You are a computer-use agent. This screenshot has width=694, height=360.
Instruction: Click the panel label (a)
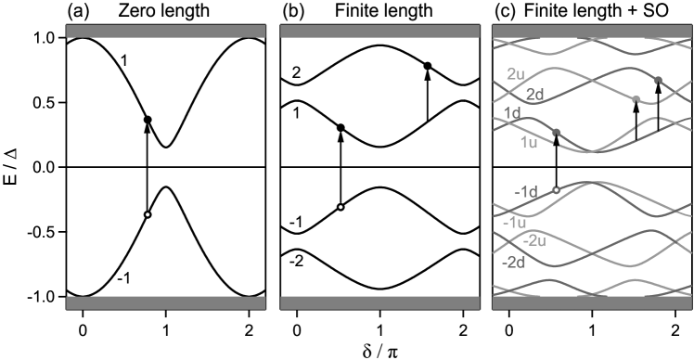click(x=77, y=12)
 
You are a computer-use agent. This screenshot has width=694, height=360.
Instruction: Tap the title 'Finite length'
click(x=383, y=12)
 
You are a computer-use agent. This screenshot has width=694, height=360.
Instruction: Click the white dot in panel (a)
click(x=148, y=215)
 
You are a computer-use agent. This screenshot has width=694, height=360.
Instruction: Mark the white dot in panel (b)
click(x=341, y=207)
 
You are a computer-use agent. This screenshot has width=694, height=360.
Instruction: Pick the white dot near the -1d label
click(x=556, y=190)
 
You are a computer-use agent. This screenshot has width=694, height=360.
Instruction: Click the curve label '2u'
click(x=516, y=73)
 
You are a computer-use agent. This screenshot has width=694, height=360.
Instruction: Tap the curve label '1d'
click(x=511, y=113)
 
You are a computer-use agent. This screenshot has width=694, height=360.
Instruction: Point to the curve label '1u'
click(x=528, y=142)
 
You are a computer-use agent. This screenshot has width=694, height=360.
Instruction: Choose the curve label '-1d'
click(x=526, y=192)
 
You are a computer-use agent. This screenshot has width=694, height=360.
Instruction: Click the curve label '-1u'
click(x=515, y=223)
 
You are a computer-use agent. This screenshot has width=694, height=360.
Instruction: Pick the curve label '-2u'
click(x=534, y=241)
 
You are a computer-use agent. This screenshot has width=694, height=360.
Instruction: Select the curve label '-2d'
click(x=513, y=263)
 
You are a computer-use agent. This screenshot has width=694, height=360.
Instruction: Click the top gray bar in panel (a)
click(x=166, y=32)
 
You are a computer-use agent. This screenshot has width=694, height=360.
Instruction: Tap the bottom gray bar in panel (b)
click(x=379, y=302)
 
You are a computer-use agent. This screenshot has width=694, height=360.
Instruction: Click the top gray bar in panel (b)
click(x=379, y=32)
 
